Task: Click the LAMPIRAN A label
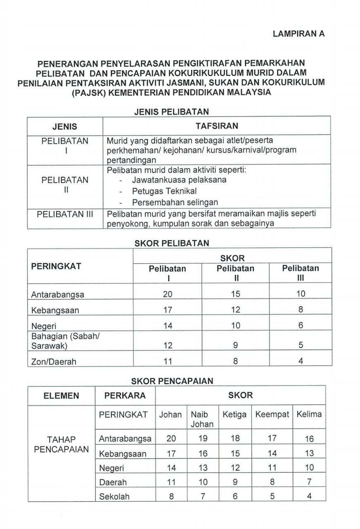coord(299,34)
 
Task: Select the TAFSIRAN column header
coord(216,126)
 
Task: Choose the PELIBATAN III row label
coord(65,214)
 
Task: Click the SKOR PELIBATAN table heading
coord(172,243)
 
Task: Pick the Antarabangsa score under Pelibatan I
coord(167,294)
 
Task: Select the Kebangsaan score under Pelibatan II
coord(236,310)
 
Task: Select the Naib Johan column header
coord(202,419)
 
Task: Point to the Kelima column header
coord(309,415)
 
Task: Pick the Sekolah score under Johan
coord(171,496)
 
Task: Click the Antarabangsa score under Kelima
coord(309,439)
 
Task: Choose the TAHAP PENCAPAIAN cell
coord(62,444)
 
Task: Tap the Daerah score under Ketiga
coord(235,482)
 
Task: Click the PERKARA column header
coord(125,396)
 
